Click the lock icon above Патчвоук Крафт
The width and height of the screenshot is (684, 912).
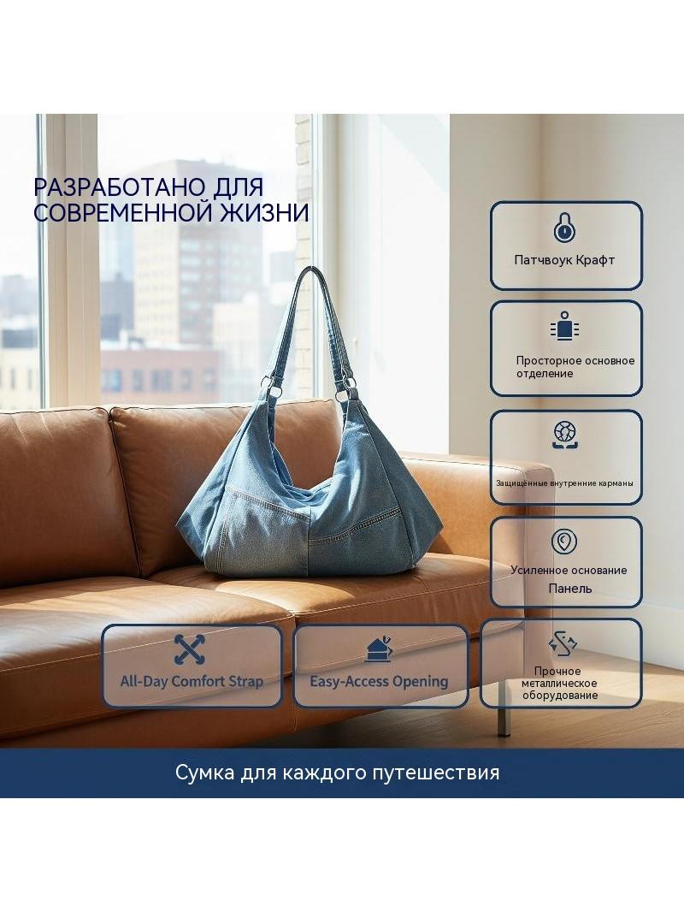click(563, 227)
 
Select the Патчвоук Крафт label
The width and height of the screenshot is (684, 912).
click(564, 260)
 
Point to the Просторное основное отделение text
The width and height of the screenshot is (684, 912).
click(575, 367)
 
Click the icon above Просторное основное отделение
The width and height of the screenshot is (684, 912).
click(564, 326)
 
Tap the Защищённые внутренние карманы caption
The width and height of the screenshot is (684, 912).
click(564, 483)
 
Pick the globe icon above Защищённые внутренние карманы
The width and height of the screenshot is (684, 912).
click(564, 435)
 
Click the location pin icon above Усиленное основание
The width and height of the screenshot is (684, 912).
click(563, 542)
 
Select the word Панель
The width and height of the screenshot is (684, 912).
click(569, 589)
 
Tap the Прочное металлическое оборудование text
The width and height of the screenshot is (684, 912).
click(559, 684)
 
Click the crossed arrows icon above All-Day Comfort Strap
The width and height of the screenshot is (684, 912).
click(190, 649)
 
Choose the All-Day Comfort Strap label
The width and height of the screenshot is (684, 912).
click(192, 681)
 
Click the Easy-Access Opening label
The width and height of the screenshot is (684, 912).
click(379, 682)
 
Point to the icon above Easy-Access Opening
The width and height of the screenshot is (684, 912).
click(379, 649)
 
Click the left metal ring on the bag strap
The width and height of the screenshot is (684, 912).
click(267, 383)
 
